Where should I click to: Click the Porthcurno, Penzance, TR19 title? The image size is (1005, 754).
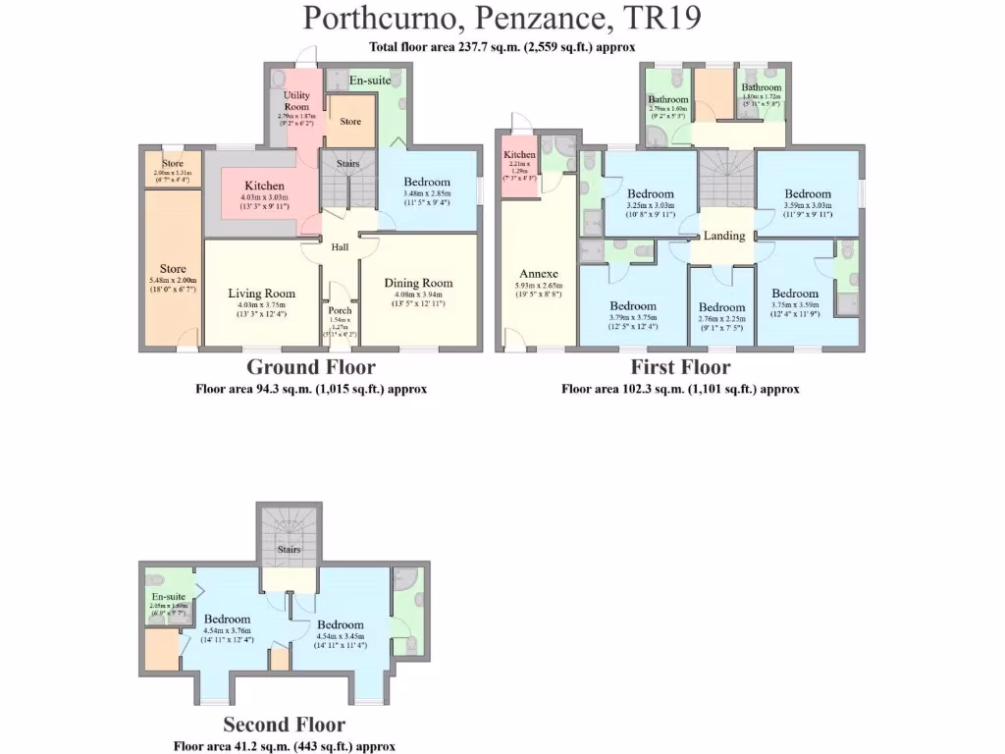tap(502, 19)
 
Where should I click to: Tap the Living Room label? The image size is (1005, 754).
tap(261, 294)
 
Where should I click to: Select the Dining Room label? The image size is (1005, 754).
tap(419, 283)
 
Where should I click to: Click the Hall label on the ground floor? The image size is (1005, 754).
tap(340, 247)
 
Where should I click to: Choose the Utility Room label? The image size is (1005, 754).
tap(296, 101)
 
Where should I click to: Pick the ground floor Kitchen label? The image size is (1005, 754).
tap(264, 186)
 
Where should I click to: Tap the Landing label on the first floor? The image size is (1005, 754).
tap(724, 236)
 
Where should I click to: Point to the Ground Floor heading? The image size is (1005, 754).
tap(310, 368)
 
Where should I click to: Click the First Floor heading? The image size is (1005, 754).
tap(680, 368)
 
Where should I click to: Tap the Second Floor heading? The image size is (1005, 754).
tap(284, 726)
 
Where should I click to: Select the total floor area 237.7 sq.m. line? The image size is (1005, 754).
tap(502, 47)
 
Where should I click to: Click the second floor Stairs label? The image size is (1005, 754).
tap(288, 550)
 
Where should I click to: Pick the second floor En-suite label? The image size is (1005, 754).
tap(169, 596)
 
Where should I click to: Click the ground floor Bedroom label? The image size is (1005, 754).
tap(427, 182)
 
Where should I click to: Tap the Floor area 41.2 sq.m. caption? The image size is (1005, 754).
tap(284, 746)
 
